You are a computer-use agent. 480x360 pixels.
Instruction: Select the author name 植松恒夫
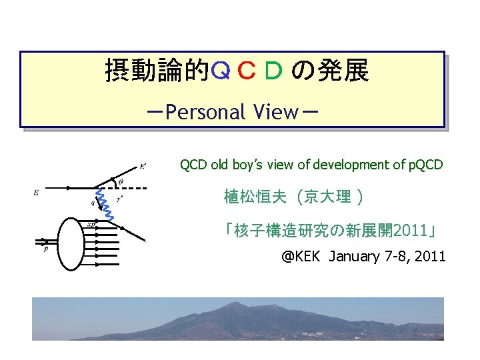pyautogui.click(x=255, y=197)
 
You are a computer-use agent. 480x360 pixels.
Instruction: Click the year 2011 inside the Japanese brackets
pyautogui.click(x=411, y=231)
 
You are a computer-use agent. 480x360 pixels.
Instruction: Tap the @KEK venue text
pyautogui.click(x=302, y=256)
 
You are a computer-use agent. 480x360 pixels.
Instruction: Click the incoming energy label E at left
pyautogui.click(x=36, y=193)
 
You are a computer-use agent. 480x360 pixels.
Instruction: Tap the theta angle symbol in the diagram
pyautogui.click(x=120, y=181)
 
